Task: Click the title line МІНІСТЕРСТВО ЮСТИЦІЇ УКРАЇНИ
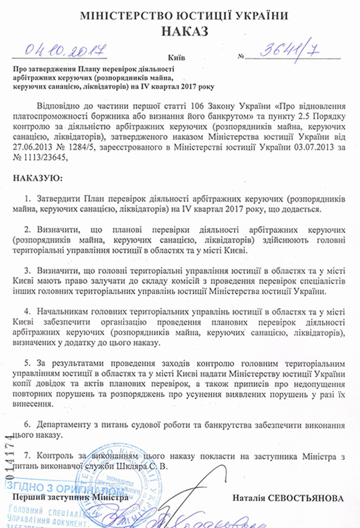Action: click(181, 13)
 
